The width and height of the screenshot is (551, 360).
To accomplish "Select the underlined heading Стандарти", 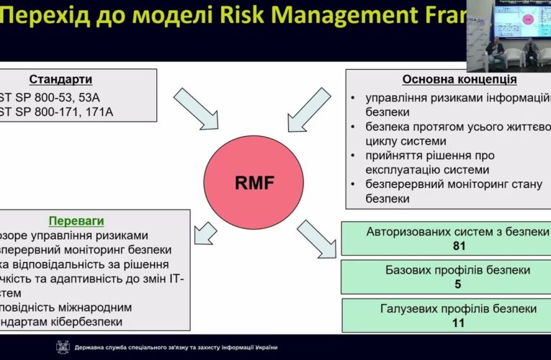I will click(x=61, y=79).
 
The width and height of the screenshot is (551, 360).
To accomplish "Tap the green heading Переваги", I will click(x=71, y=220).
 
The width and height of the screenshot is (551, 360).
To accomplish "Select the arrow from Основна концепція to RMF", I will click(x=309, y=108).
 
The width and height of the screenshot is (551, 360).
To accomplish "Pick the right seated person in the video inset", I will click(x=532, y=52).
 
